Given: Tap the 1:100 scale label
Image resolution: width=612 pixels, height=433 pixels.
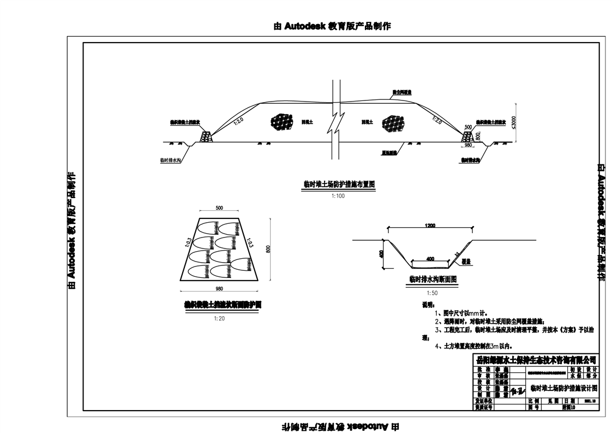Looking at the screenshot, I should click(338, 196).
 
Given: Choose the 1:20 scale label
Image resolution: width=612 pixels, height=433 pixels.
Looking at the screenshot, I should click(219, 318).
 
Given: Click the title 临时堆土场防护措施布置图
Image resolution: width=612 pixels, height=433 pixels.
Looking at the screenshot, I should click(339, 185).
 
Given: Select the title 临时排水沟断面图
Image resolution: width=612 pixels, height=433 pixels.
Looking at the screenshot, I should click(432, 278).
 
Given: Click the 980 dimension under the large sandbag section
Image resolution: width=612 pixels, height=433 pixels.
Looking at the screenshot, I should click(219, 288).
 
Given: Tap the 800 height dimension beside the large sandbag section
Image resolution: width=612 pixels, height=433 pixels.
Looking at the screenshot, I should click(268, 248).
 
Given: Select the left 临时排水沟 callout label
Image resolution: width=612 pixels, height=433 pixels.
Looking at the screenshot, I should click(171, 161).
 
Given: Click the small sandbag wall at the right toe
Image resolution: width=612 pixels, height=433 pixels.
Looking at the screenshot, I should click(468, 137).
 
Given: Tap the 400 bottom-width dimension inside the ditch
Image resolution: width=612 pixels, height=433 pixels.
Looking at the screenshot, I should click(430, 258).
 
